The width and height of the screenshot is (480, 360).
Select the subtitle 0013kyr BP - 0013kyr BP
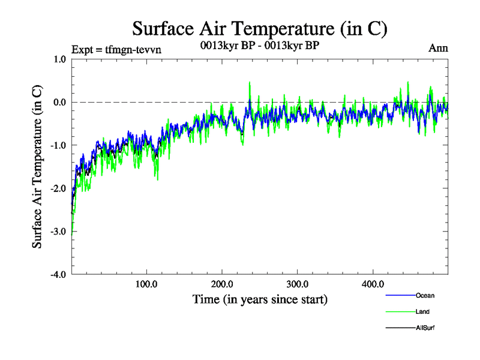(260, 45)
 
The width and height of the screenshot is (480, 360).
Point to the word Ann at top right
(438, 47)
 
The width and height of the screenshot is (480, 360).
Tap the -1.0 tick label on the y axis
(58, 145)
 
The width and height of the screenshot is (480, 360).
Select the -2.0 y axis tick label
(58, 188)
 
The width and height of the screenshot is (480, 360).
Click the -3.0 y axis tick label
(58, 232)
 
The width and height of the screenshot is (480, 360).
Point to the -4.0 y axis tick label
(58, 275)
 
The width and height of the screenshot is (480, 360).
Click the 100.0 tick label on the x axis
(146, 284)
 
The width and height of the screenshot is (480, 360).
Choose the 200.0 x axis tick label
(222, 284)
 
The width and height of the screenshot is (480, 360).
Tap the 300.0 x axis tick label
(298, 284)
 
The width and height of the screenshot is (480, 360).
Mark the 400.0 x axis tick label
(373, 284)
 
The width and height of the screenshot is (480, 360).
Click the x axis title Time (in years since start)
(260, 299)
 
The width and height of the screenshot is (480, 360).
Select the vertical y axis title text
(37, 167)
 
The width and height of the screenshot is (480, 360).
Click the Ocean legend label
(425, 295)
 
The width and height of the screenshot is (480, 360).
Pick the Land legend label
(422, 311)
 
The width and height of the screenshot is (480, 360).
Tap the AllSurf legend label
(425, 328)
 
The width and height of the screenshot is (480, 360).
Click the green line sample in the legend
(399, 311)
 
